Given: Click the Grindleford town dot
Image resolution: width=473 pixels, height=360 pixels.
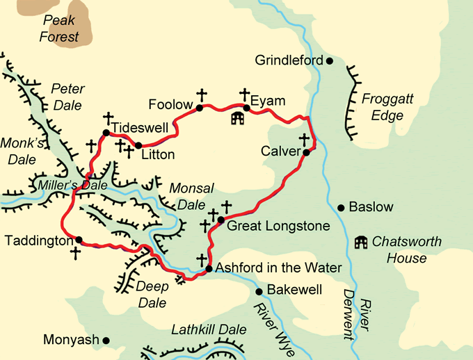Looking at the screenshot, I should coord(330,60).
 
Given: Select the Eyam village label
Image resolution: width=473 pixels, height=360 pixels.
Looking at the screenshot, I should coord(268,101).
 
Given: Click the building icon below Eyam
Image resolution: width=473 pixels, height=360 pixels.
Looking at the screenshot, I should coord(238,118).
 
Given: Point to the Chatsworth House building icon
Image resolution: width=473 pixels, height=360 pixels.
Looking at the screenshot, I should coord(361,242).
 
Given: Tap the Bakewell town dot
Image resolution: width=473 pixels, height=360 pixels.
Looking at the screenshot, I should coord(259,291).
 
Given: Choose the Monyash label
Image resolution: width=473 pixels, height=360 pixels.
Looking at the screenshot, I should coord(71,340).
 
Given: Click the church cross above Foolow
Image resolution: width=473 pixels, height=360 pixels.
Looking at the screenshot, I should coord(202,94).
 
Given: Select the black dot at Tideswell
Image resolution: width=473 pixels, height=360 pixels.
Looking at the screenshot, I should coord(106,133).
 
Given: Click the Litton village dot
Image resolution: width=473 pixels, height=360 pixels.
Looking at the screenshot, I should coord(138,145).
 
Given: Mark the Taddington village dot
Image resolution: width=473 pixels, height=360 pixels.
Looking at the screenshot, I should coord(79,240).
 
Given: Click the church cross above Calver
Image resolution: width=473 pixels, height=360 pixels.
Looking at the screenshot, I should coord(304,139).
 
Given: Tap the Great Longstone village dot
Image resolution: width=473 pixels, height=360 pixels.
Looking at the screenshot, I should coord(221,220).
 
